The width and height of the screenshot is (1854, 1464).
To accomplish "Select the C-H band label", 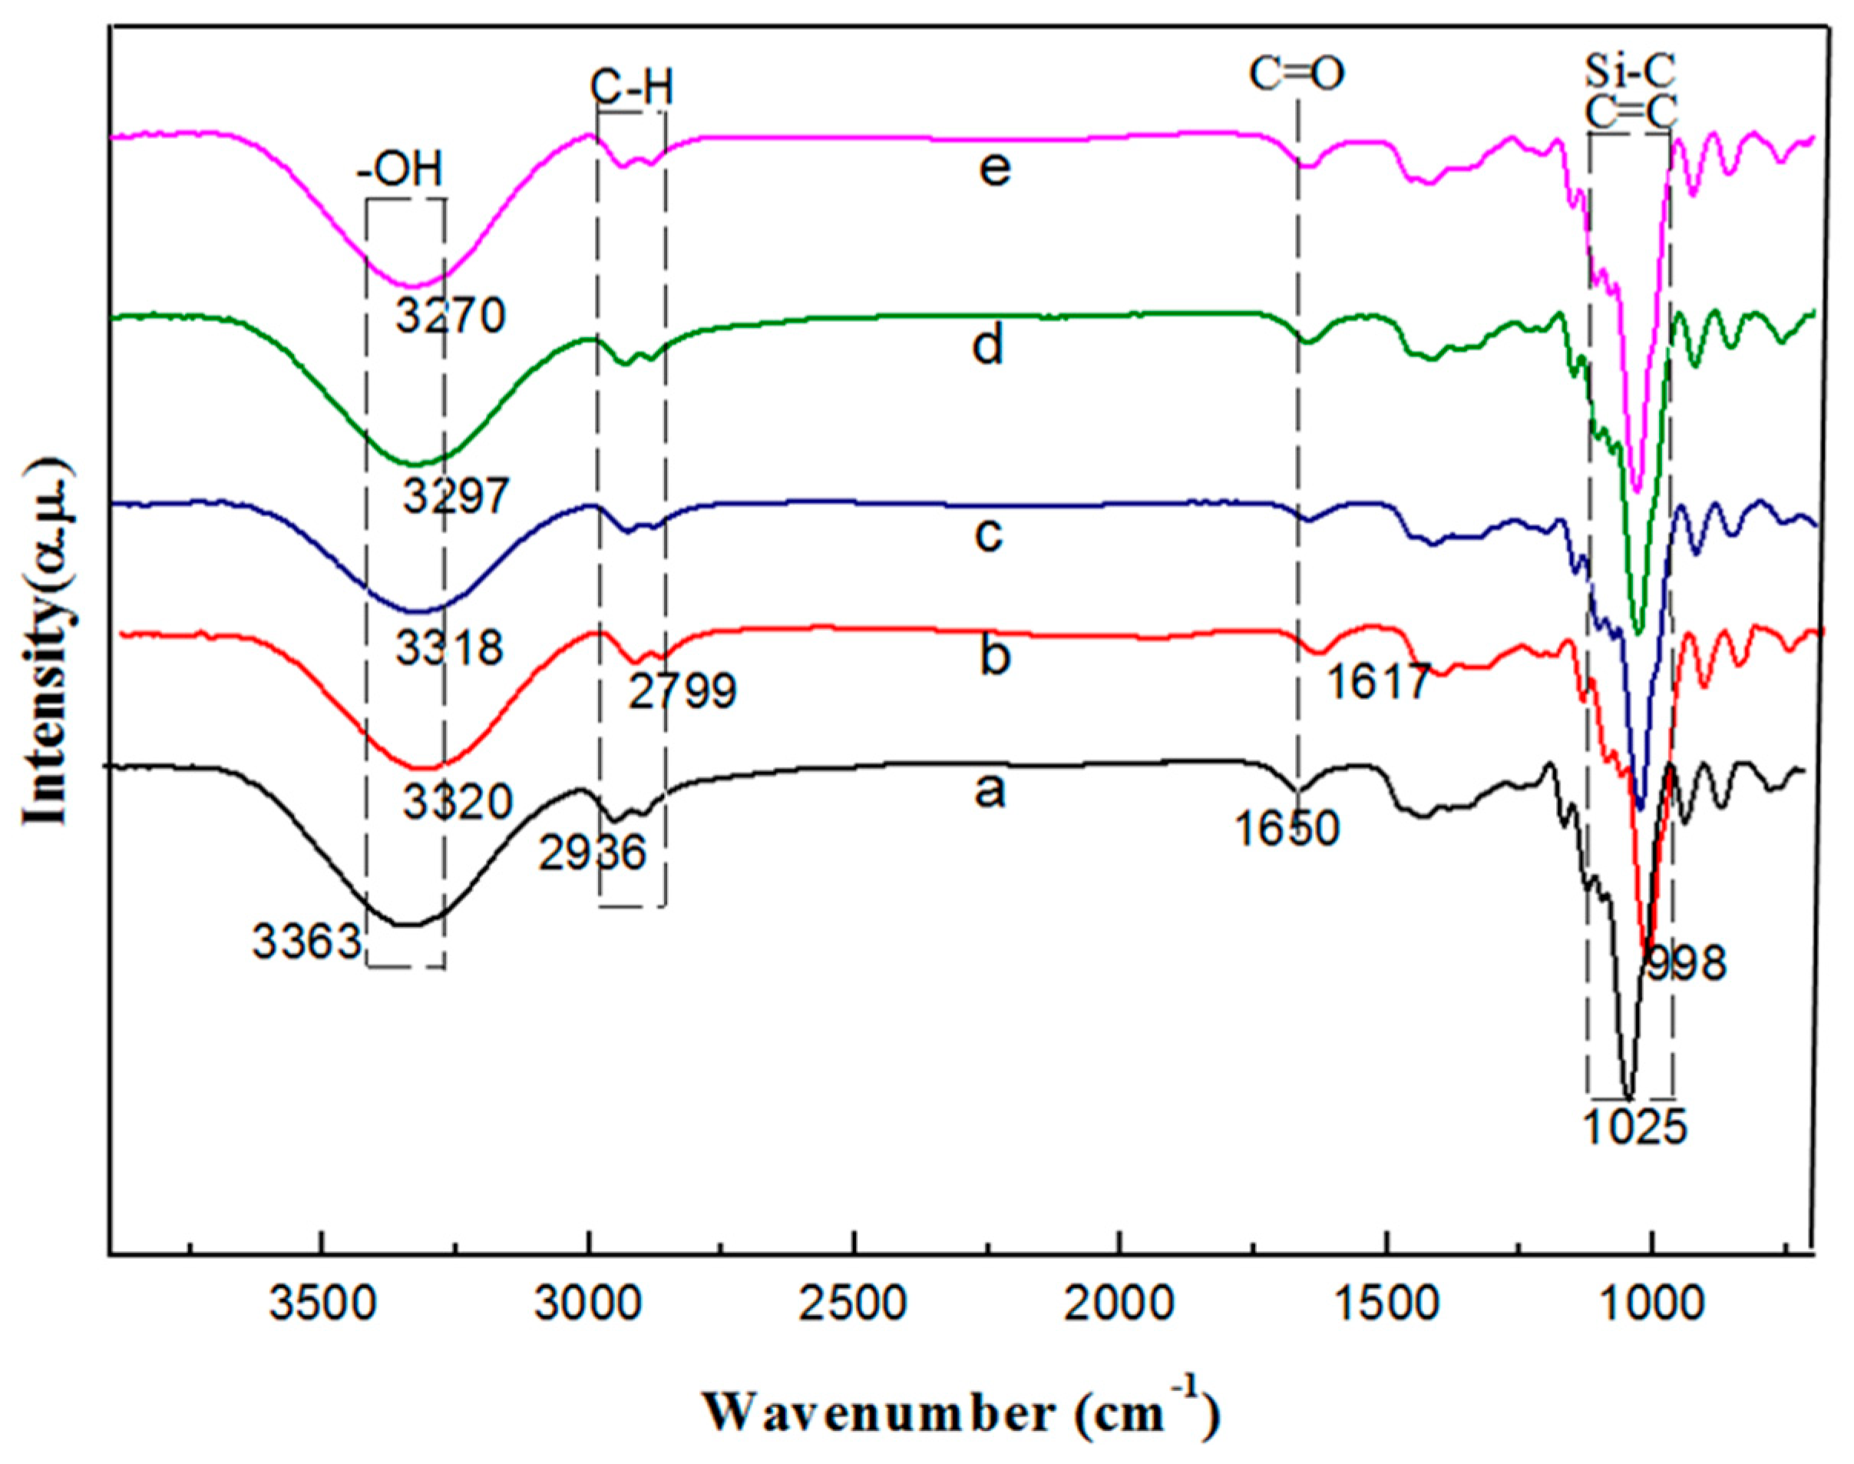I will [x=630, y=88].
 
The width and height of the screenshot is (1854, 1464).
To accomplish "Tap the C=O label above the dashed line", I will [x=1296, y=75].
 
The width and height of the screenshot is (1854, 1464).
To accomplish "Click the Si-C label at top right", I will [x=1630, y=73].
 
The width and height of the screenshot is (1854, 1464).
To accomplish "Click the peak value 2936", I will [x=592, y=853].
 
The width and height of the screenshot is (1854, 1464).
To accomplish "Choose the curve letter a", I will [x=990, y=791].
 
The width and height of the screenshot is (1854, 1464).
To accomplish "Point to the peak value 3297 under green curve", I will [x=457, y=495].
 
